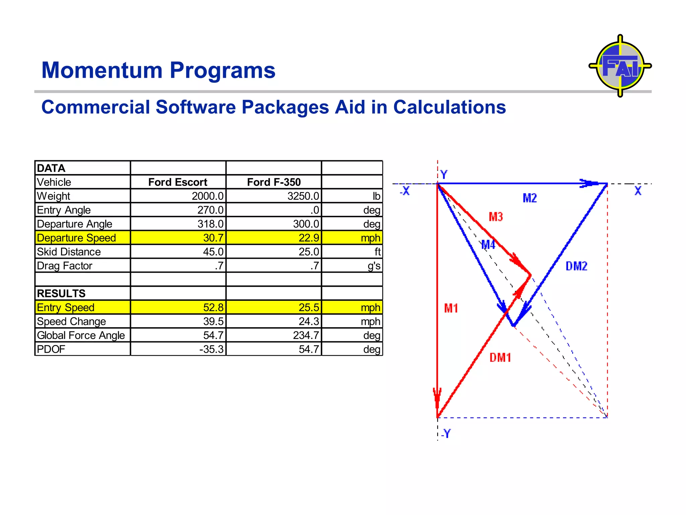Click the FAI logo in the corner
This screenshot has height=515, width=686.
[620, 66]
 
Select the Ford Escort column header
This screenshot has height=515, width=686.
[178, 182]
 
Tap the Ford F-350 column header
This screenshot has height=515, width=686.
[274, 182]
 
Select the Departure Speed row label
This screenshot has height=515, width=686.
[76, 238]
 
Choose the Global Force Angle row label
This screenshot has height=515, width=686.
[81, 335]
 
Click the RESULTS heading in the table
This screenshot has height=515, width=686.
[61, 293]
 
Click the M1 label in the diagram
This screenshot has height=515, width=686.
[451, 308]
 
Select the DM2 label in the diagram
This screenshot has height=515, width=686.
[576, 266]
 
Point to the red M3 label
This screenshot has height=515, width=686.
[496, 217]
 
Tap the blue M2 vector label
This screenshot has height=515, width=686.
[530, 198]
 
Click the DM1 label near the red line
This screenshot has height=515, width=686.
[500, 358]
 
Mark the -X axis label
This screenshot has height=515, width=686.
[405, 191]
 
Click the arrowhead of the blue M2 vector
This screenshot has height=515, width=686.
[590, 183]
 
